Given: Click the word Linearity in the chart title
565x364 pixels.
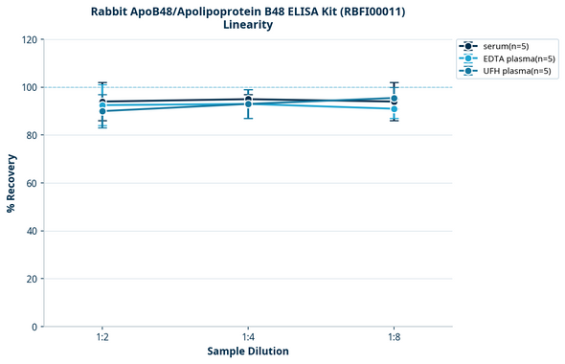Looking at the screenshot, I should (x=247, y=25).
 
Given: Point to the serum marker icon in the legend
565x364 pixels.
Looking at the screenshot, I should (x=467, y=46).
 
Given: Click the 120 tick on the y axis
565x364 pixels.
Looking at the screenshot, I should (x=29, y=39).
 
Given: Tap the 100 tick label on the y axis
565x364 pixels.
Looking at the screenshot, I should (x=29, y=87).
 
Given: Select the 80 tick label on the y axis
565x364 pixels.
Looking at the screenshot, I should (x=32, y=135).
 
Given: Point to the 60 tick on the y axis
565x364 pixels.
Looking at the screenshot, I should (x=32, y=183).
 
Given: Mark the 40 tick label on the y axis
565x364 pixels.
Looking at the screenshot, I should (x=32, y=231).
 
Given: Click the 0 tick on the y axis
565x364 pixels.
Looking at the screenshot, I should (x=34, y=327).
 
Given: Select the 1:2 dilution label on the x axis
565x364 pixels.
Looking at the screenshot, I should (x=102, y=338).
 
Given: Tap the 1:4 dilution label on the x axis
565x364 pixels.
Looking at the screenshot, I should (x=248, y=338).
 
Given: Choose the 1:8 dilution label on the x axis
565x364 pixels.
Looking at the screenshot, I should (x=394, y=338).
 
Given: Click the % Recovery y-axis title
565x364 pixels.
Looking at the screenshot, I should (x=11, y=182).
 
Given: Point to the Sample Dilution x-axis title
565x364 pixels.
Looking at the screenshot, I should (x=248, y=352).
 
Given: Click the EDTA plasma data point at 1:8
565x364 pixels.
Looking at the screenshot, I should (x=394, y=109).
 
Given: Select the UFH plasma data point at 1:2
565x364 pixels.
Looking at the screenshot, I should (x=102, y=111).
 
